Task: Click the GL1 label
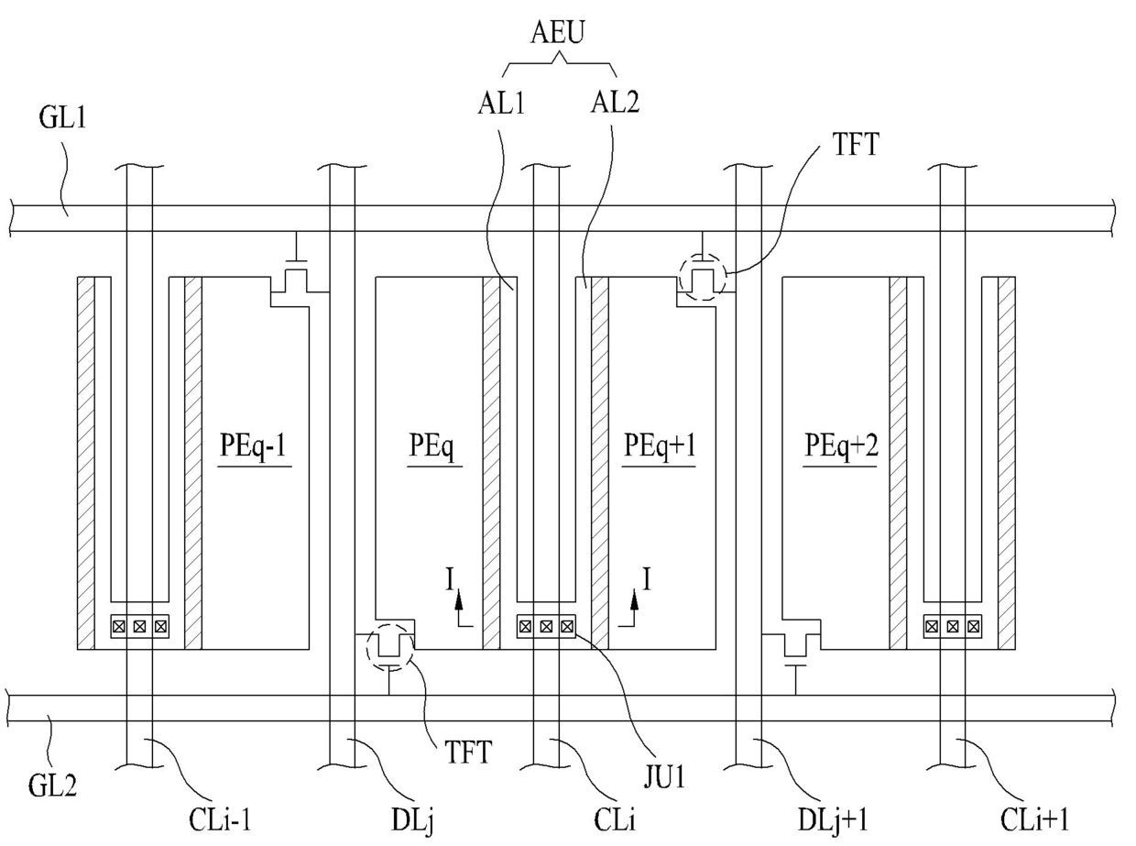(62, 117)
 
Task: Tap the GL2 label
(52, 786)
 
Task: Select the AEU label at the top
(557, 33)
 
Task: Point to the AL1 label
(501, 104)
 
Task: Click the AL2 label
(615, 103)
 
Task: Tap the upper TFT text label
(856, 144)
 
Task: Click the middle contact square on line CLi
(546, 626)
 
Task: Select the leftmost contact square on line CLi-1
(119, 626)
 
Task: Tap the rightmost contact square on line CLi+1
(974, 626)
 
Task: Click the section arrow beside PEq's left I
(463, 609)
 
